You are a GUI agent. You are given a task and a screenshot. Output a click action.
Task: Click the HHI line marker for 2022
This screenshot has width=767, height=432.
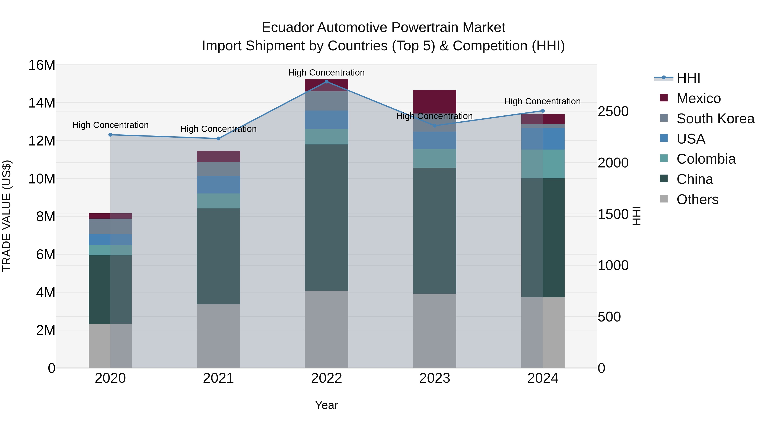click(x=326, y=82)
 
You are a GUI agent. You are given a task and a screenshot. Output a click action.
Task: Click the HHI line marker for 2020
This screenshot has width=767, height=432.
click(x=110, y=135)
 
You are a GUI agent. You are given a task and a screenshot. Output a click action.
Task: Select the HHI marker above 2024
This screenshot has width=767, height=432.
click(x=542, y=111)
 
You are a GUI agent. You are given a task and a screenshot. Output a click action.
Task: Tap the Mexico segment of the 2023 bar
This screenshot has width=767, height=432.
click(x=434, y=101)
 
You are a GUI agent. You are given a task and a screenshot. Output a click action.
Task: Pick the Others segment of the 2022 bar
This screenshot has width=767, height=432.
click(x=326, y=329)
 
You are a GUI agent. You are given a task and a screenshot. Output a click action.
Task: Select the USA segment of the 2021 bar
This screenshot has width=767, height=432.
click(x=218, y=185)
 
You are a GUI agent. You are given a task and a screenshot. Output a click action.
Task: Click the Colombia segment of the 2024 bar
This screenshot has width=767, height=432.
click(x=542, y=164)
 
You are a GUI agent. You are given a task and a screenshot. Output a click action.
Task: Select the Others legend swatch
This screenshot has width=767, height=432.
click(x=664, y=199)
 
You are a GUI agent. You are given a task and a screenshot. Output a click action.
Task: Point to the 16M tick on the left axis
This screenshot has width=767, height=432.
click(x=42, y=65)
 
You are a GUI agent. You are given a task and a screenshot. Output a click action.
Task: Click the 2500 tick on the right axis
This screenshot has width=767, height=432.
click(x=613, y=112)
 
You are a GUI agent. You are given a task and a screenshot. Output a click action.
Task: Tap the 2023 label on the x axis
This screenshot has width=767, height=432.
click(x=434, y=378)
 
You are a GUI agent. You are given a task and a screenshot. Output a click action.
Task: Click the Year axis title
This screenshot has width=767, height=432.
click(x=326, y=405)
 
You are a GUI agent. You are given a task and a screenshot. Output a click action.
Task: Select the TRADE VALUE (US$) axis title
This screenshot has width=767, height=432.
click(x=7, y=216)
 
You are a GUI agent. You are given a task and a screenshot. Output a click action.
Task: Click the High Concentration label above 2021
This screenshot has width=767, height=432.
click(x=218, y=129)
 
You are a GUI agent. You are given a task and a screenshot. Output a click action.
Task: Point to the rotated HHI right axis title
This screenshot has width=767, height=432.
click(x=636, y=216)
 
